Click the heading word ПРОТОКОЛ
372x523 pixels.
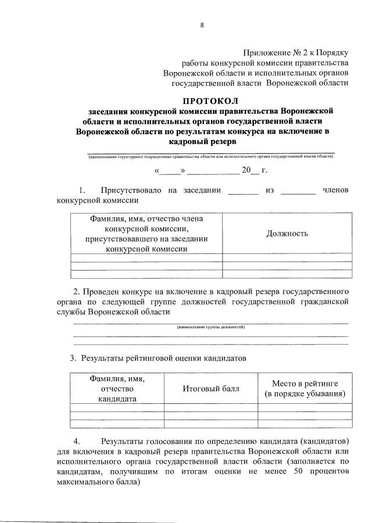(x=210, y=100)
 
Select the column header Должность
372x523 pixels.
(x=287, y=234)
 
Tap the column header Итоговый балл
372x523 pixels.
(x=211, y=389)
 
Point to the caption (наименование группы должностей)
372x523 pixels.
(x=211, y=327)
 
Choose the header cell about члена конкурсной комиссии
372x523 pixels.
(x=147, y=234)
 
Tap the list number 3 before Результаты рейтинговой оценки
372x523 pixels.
(x=73, y=358)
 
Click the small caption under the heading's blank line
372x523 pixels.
(x=211, y=156)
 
